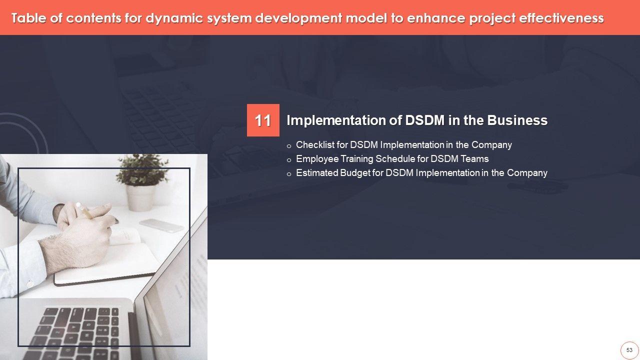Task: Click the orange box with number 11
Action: pyautogui.click(x=263, y=120)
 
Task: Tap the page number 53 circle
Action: pyautogui.click(x=629, y=350)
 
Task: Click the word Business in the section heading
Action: pyautogui.click(x=517, y=120)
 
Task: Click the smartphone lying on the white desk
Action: pyautogui.click(x=161, y=225)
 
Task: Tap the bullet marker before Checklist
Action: pyautogui.click(x=289, y=146)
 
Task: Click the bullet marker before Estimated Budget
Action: pyautogui.click(x=289, y=174)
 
